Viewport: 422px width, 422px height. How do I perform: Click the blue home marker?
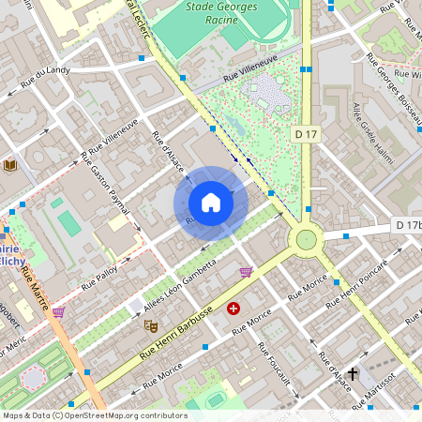(x=211, y=203)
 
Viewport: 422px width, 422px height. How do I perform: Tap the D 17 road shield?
(x=305, y=135)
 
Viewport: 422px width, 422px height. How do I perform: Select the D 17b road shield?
(x=408, y=225)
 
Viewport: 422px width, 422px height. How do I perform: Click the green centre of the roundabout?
(x=306, y=239)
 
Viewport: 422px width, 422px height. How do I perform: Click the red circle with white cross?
(x=234, y=308)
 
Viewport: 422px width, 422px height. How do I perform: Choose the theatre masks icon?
(x=148, y=324)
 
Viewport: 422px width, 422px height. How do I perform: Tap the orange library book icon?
(x=10, y=166)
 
